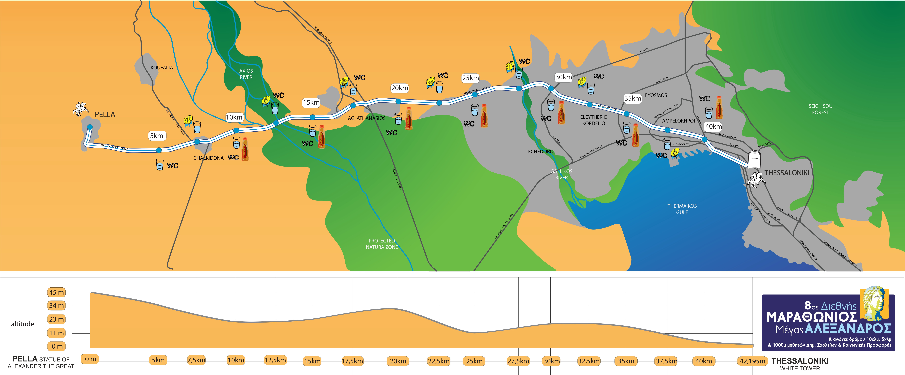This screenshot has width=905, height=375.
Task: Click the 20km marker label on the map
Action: [399, 88]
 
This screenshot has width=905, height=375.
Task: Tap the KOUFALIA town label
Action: [162, 68]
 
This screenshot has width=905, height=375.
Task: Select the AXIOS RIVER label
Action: [246, 74]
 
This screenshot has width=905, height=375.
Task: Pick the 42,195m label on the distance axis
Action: [752, 361]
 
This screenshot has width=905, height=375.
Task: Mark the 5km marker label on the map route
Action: [156, 136]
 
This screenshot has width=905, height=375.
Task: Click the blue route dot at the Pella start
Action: [90, 127]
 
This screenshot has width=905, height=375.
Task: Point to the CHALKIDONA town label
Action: [208, 158]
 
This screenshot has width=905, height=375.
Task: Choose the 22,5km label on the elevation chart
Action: [438, 361]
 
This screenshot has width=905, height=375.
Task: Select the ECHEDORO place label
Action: [540, 152]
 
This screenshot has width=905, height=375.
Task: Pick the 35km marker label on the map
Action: [632, 99]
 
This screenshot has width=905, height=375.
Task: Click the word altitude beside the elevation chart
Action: [22, 324]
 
